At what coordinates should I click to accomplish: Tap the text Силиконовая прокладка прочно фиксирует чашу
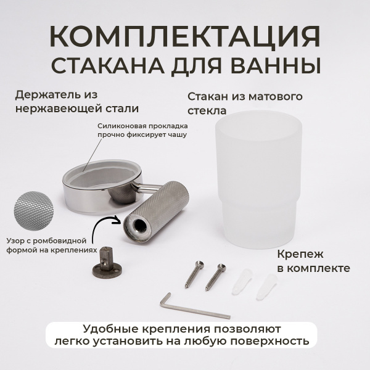tap(141, 129)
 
